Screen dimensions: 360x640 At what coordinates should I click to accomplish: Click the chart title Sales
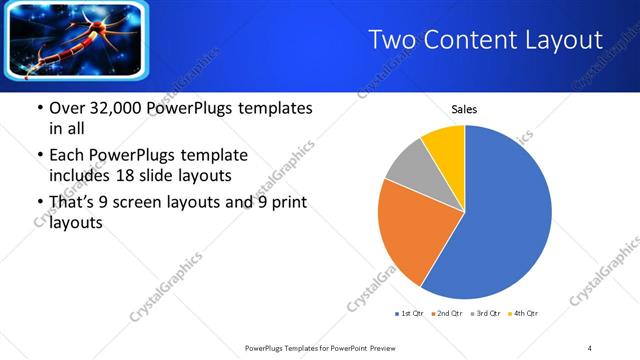[x=464, y=108]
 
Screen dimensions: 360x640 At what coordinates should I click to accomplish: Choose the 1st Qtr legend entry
[x=409, y=314]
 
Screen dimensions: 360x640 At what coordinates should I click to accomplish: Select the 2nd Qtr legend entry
[x=447, y=314]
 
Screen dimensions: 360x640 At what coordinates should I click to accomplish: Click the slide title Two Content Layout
[x=485, y=39]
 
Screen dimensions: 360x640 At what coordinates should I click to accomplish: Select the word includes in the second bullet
[x=81, y=176]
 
